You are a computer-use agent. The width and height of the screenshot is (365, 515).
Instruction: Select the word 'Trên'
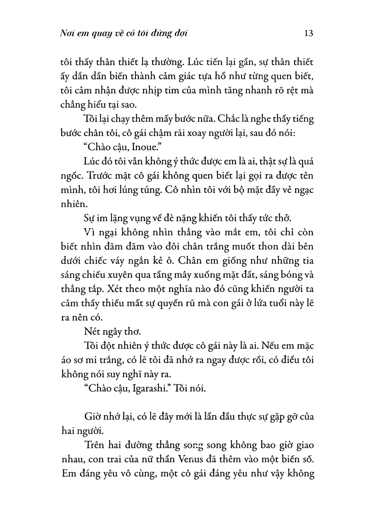point(94,445)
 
